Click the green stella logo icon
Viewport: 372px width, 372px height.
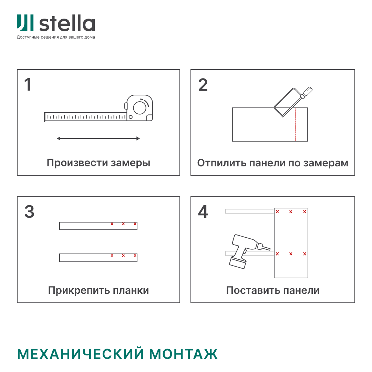25,23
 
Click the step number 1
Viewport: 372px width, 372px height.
28,85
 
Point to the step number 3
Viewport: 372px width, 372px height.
29,211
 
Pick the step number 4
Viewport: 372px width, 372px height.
203,211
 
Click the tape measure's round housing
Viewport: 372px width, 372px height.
140,108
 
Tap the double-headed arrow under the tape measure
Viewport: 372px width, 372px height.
99,138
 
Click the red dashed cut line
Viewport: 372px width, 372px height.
296,125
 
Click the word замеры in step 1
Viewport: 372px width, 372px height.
131,163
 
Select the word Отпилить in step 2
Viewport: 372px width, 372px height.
222,163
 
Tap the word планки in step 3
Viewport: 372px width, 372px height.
131,290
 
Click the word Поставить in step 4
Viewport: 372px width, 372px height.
251,290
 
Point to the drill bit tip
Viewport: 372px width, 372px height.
270,249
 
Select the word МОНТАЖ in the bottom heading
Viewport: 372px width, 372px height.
183,354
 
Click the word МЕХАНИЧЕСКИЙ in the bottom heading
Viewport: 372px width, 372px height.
80,354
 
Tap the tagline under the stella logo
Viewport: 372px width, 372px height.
56,37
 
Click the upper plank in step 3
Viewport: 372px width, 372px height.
98,226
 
